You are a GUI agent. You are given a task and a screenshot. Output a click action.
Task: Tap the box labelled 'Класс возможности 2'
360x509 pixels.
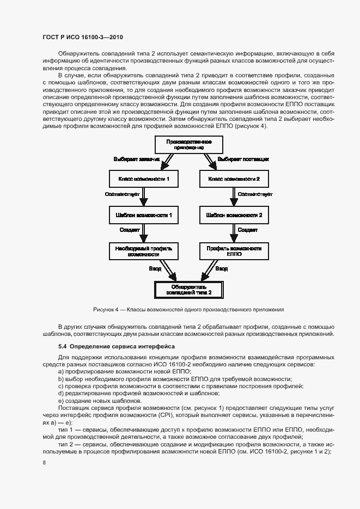click(x=234, y=179)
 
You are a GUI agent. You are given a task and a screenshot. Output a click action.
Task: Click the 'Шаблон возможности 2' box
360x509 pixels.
click(x=234, y=215)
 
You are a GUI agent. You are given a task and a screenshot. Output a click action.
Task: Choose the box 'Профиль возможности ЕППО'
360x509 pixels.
click(x=234, y=251)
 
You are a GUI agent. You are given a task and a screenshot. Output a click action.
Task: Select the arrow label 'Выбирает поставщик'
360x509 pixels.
click(x=243, y=159)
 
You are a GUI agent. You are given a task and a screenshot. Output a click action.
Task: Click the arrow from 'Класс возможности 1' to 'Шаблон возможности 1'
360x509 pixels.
click(x=144, y=197)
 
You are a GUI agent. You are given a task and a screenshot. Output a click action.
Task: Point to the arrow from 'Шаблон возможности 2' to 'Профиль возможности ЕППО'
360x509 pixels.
click(x=234, y=233)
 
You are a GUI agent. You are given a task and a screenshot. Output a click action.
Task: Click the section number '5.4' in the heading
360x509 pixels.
click(x=63, y=346)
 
